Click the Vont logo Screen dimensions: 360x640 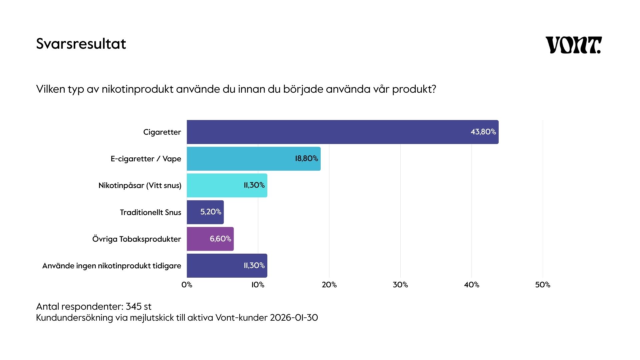pos(573,45)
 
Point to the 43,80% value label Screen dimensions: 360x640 pos(483,132)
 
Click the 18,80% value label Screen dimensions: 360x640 pos(306,158)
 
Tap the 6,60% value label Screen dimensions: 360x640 pos(220,239)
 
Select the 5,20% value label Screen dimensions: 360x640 pos(211,212)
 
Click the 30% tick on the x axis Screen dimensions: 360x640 pos(400,285)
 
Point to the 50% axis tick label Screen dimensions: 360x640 pos(543,285)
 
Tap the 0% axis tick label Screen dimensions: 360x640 pos(187,285)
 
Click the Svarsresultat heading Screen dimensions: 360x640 pos(81,44)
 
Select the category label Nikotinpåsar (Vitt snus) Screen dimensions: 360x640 pos(140,185)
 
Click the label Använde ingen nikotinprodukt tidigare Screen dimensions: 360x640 pos(112,266)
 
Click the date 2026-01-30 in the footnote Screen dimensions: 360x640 pos(294,317)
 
